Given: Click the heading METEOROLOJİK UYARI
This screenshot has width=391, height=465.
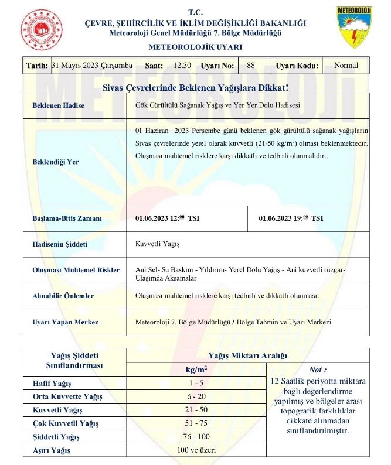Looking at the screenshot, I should tap(195, 46).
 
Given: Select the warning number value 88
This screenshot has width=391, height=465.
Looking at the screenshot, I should tap(251, 66).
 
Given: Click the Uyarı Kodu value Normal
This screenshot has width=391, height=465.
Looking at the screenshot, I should tap(346, 66).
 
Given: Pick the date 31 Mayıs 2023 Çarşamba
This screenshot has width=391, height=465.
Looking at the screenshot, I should tap(92, 66).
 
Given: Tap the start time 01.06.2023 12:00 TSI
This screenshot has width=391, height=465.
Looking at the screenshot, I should tap(168, 218).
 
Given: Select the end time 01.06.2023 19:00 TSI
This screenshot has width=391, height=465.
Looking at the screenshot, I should tap(291, 218).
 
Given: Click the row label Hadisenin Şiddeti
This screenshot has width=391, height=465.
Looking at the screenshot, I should tap(60, 244).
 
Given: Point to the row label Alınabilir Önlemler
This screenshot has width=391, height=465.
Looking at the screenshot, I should tap(63, 296).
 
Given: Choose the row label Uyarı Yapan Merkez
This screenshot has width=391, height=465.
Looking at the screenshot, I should tap(65, 322).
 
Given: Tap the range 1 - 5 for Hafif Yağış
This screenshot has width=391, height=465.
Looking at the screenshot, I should tap(196, 383).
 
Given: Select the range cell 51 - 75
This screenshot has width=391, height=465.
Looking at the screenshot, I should tap(196, 423).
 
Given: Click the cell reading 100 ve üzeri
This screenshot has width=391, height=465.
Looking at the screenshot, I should tap(196, 450).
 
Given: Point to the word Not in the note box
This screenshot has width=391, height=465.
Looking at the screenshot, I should tap(317, 370).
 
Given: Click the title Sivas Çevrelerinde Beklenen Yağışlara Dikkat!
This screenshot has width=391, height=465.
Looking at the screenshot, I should tap(195, 87).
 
